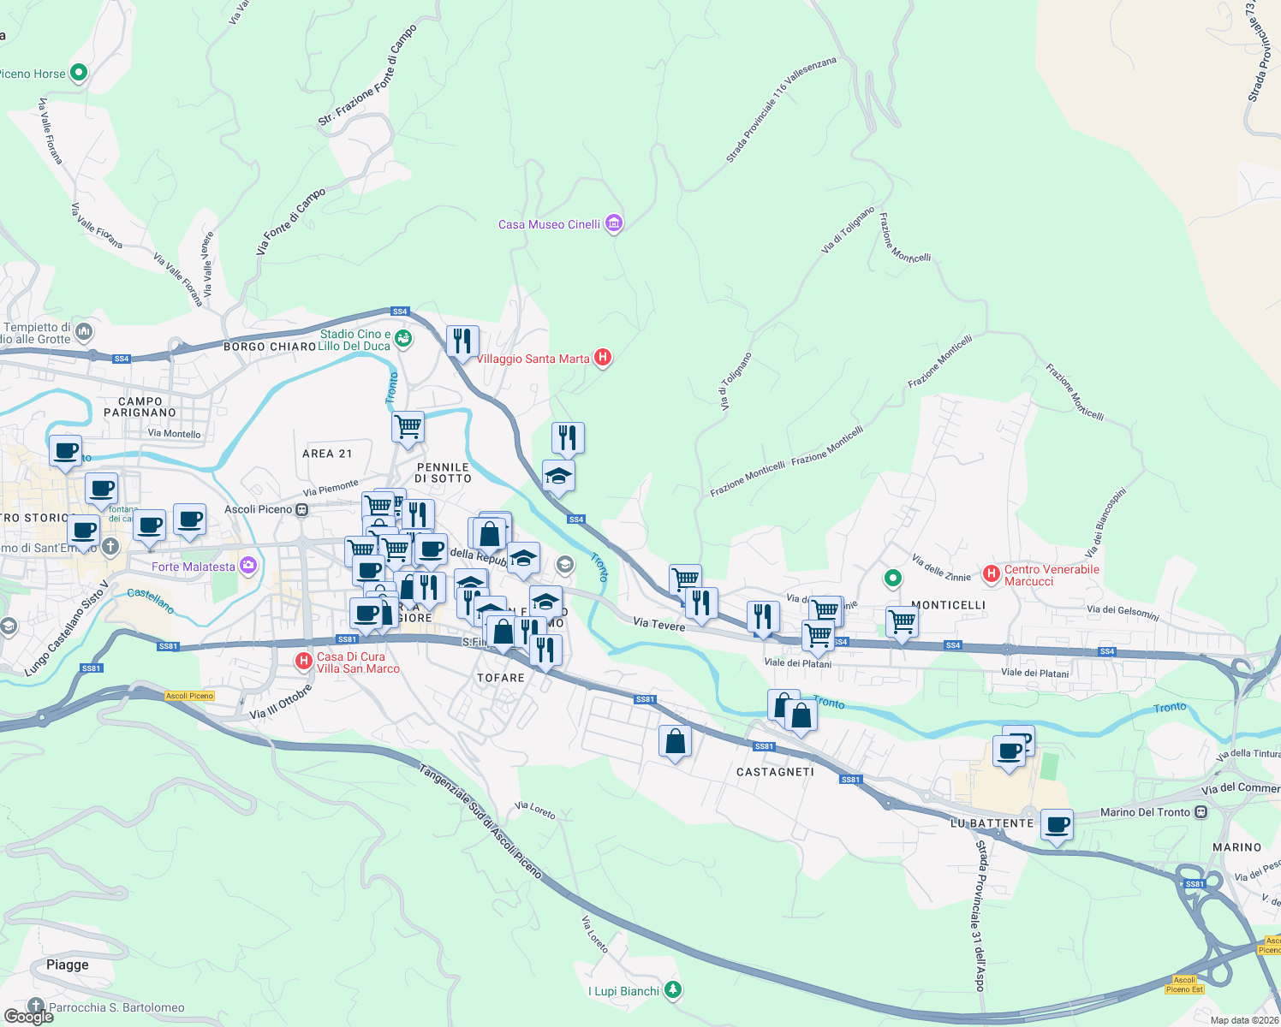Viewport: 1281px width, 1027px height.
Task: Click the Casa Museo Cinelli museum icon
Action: (x=613, y=224)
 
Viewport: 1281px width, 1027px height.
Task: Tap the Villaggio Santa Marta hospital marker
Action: (x=603, y=358)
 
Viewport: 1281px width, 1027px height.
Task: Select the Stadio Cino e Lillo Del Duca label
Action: (x=355, y=340)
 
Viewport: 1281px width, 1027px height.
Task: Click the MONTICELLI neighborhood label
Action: (x=948, y=605)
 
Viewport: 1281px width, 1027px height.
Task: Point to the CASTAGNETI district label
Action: (x=775, y=772)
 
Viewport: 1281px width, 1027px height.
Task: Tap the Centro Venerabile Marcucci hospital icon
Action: (x=992, y=573)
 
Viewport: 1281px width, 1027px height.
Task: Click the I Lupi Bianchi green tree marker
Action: (x=674, y=990)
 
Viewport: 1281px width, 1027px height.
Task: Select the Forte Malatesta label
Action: (x=194, y=567)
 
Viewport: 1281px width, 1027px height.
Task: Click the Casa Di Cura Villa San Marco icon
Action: (x=303, y=661)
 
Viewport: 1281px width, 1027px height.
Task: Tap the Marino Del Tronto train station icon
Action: (x=1201, y=812)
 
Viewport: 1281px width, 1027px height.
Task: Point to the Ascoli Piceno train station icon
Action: (x=301, y=509)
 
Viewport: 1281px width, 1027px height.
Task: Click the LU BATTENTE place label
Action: (x=992, y=823)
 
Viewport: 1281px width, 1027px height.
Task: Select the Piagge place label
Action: (x=68, y=965)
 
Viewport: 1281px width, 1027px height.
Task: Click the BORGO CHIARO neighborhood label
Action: (x=270, y=347)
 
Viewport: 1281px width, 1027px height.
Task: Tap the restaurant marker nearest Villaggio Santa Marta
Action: (x=462, y=341)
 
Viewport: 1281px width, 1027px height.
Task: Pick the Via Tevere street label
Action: (x=659, y=625)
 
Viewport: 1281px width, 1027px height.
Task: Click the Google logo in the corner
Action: (x=28, y=1016)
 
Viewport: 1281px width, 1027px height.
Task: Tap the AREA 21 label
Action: (x=327, y=454)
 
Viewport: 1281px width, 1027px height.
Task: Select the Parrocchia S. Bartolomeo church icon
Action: (x=35, y=1006)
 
